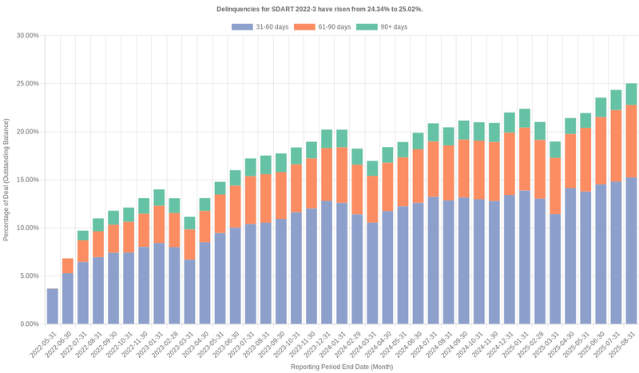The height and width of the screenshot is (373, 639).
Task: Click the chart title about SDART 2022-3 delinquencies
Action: pyautogui.click(x=319, y=9)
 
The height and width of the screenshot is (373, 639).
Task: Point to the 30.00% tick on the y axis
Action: pyautogui.click(x=28, y=35)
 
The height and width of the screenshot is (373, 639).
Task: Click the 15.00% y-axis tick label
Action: pyautogui.click(x=28, y=180)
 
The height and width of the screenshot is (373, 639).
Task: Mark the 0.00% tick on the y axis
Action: pyautogui.click(x=30, y=324)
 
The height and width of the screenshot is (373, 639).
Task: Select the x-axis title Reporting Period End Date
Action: pyautogui.click(x=341, y=367)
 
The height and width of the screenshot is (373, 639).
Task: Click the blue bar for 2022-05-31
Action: pyautogui.click(x=53, y=306)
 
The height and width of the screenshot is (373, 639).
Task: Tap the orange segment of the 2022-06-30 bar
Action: pyautogui.click(x=68, y=266)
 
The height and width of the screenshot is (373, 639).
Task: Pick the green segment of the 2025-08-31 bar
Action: pyautogui.click(x=631, y=94)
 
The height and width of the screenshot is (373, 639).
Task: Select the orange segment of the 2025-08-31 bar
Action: pyautogui.click(x=631, y=141)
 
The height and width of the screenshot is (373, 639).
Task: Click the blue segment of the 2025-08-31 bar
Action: pyautogui.click(x=631, y=251)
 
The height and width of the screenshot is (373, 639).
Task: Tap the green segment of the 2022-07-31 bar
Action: pyautogui.click(x=83, y=236)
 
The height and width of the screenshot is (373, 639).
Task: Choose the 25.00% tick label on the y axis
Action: pyautogui.click(x=28, y=83)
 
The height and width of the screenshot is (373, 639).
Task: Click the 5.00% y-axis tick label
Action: pyautogui.click(x=30, y=276)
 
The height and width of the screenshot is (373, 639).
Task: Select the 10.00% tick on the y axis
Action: pyautogui.click(x=28, y=228)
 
